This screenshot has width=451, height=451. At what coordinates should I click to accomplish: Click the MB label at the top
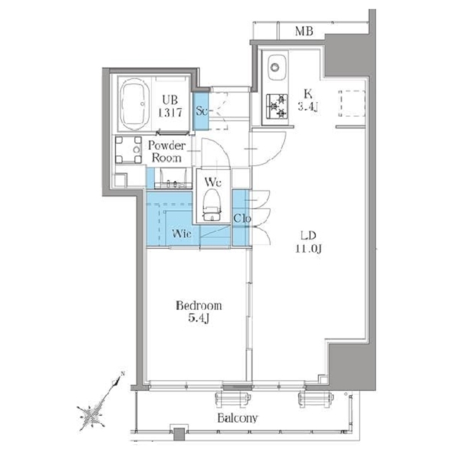pyautogui.click(x=304, y=31)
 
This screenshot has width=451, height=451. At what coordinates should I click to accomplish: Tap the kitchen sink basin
pyautogui.click(x=277, y=68)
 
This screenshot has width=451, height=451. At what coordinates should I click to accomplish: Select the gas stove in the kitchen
pyautogui.click(x=277, y=106)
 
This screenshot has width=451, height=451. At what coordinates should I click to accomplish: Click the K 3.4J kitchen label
pyautogui.click(x=308, y=100)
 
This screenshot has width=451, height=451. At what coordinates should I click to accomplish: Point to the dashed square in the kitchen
pyautogui.click(x=352, y=104)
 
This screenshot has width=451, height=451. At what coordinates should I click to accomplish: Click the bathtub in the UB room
pyautogui.click(x=135, y=104)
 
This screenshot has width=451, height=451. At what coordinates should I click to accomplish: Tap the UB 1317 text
pyautogui.click(x=171, y=106)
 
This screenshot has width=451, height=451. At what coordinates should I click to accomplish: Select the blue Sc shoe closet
pyautogui.click(x=201, y=110)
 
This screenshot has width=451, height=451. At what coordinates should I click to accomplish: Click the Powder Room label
pyautogui.click(x=167, y=152)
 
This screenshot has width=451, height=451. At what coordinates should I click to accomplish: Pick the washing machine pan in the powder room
pyautogui.click(x=129, y=150)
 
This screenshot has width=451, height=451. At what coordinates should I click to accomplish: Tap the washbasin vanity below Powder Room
pyautogui.click(x=173, y=179)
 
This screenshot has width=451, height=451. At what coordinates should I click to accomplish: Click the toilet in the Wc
pyautogui.click(x=212, y=204)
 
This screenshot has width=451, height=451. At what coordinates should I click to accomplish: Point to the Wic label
pyautogui.click(x=182, y=234)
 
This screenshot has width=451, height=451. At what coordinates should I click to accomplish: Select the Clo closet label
pyautogui.click(x=242, y=219)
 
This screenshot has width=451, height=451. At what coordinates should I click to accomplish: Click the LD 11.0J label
pyautogui.click(x=308, y=241)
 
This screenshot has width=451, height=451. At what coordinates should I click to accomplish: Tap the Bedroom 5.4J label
pyautogui.click(x=198, y=312)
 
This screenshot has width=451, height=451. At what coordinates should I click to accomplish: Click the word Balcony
pyautogui.click(x=238, y=418)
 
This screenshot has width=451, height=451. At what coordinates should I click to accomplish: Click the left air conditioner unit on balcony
pyautogui.click(x=233, y=400)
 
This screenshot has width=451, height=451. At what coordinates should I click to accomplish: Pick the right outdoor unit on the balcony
pyautogui.click(x=316, y=400)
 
